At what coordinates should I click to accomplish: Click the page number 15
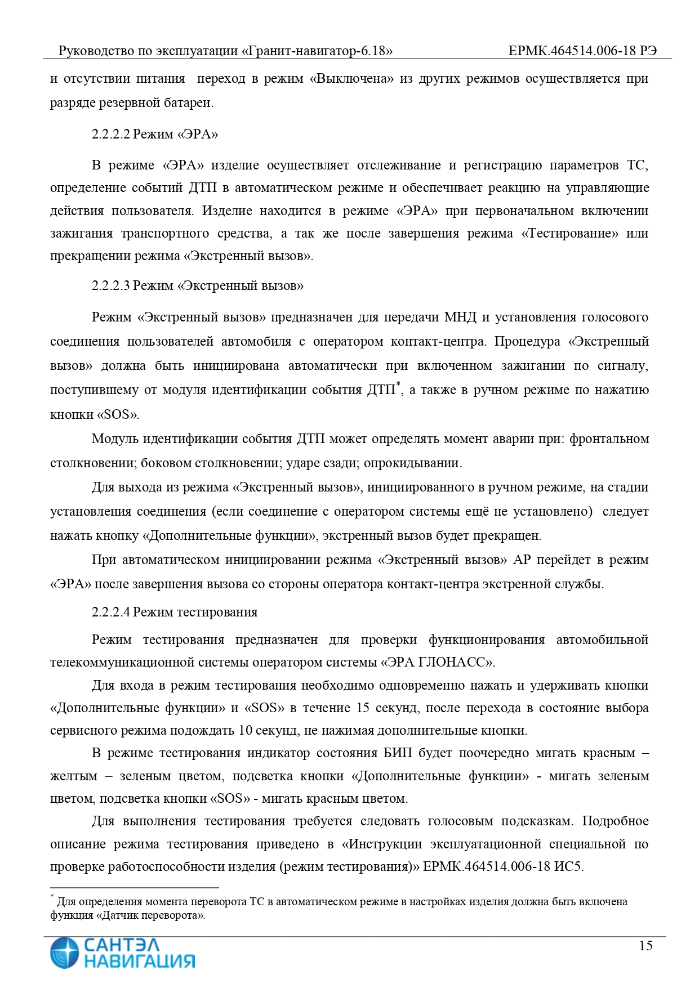tap(645, 945)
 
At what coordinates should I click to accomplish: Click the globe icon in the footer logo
tap(64, 953)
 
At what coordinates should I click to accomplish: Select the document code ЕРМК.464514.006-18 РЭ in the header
tap(582, 51)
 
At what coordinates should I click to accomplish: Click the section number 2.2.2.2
tap(111, 134)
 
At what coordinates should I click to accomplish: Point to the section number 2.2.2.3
tap(111, 285)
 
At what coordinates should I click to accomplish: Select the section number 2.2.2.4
tap(111, 612)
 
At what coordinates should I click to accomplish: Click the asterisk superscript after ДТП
tap(398, 385)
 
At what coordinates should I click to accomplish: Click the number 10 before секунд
tap(245, 731)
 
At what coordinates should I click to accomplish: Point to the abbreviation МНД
tap(460, 317)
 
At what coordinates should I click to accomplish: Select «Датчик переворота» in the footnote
tap(150, 915)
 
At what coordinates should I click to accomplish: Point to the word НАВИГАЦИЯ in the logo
tap(140, 961)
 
